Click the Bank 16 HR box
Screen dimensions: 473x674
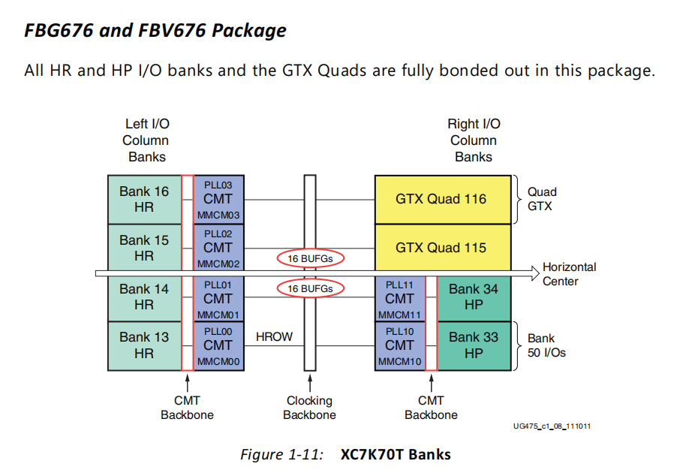144,200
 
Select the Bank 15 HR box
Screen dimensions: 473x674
144,248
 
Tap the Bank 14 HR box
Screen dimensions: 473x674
144,297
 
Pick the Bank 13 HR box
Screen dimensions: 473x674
144,345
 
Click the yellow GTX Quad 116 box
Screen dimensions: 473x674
441,200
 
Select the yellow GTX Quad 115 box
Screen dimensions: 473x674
441,248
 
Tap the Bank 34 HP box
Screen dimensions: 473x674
473,297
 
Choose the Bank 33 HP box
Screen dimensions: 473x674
473,345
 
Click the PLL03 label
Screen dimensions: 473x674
218,185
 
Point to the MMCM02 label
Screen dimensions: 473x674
218,264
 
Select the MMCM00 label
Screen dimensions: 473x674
218,362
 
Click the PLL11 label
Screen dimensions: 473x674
399,285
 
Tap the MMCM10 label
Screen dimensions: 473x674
399,362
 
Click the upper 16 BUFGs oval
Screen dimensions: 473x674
310,259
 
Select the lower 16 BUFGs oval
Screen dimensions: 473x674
310,288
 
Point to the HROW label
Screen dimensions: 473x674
274,337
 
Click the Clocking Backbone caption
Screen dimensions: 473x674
310,408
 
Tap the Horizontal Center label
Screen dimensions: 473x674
570,274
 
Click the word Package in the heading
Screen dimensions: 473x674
248,31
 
